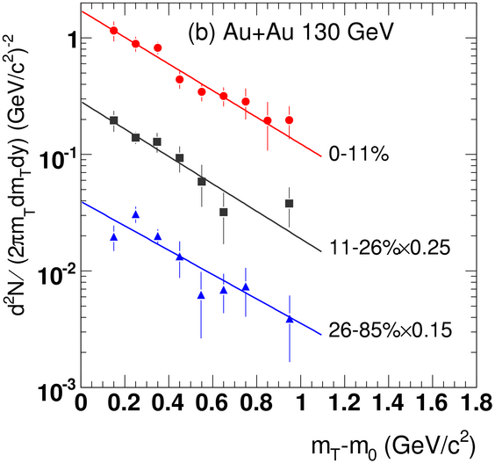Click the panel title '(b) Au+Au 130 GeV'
coord(291,33)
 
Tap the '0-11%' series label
coord(359,155)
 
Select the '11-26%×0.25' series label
coord(390,248)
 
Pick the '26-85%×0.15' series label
coord(391,330)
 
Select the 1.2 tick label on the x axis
coord(345,403)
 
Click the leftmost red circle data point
coord(113,31)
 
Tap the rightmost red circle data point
coord(289,120)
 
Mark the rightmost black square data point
coord(289,204)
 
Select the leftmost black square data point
coord(113,120)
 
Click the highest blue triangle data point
coord(136,214)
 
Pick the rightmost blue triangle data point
coord(290,319)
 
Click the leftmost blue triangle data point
coord(114,237)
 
